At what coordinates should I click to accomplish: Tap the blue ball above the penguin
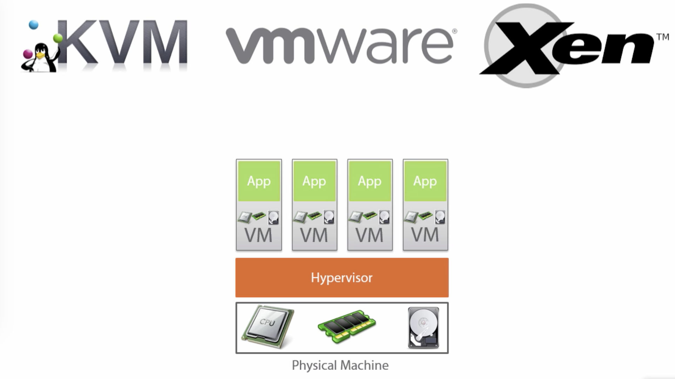pos(34,25)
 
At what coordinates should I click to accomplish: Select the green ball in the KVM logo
pos(58,37)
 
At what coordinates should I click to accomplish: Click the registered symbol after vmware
pos(455,31)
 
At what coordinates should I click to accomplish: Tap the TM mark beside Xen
pos(663,37)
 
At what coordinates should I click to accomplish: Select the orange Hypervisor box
pos(342,277)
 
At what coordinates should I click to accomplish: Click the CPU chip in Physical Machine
pos(268,326)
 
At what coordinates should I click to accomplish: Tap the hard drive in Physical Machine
pos(423,328)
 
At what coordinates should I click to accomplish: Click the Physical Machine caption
pos(340,365)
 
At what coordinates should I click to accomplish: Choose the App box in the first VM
pos(259,181)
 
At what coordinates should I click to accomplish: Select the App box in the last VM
pos(425,181)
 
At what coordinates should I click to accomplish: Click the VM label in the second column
pos(314,235)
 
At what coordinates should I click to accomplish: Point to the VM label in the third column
pos(369,235)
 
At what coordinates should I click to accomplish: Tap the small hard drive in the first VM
pos(274,218)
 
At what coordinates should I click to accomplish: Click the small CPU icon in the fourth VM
pos(411,217)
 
